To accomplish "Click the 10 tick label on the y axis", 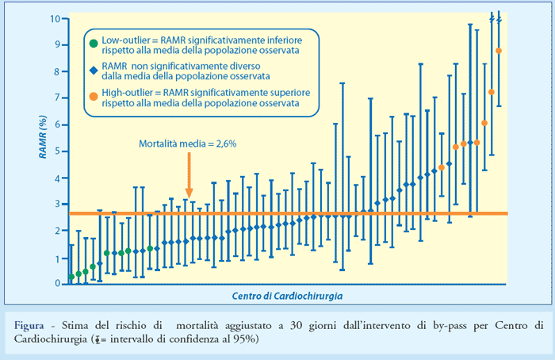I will (x=53, y=17).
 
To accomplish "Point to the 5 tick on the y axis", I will (x=56, y=151).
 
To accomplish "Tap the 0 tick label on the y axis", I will (x=56, y=283).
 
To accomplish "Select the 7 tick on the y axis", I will (x=56, y=98).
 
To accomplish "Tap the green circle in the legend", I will (x=94, y=42).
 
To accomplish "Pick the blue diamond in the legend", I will (x=94, y=71).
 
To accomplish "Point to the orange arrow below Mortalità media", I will (x=189, y=174).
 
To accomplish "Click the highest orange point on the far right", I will (x=498, y=51).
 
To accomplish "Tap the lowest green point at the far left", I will (x=71, y=277).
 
